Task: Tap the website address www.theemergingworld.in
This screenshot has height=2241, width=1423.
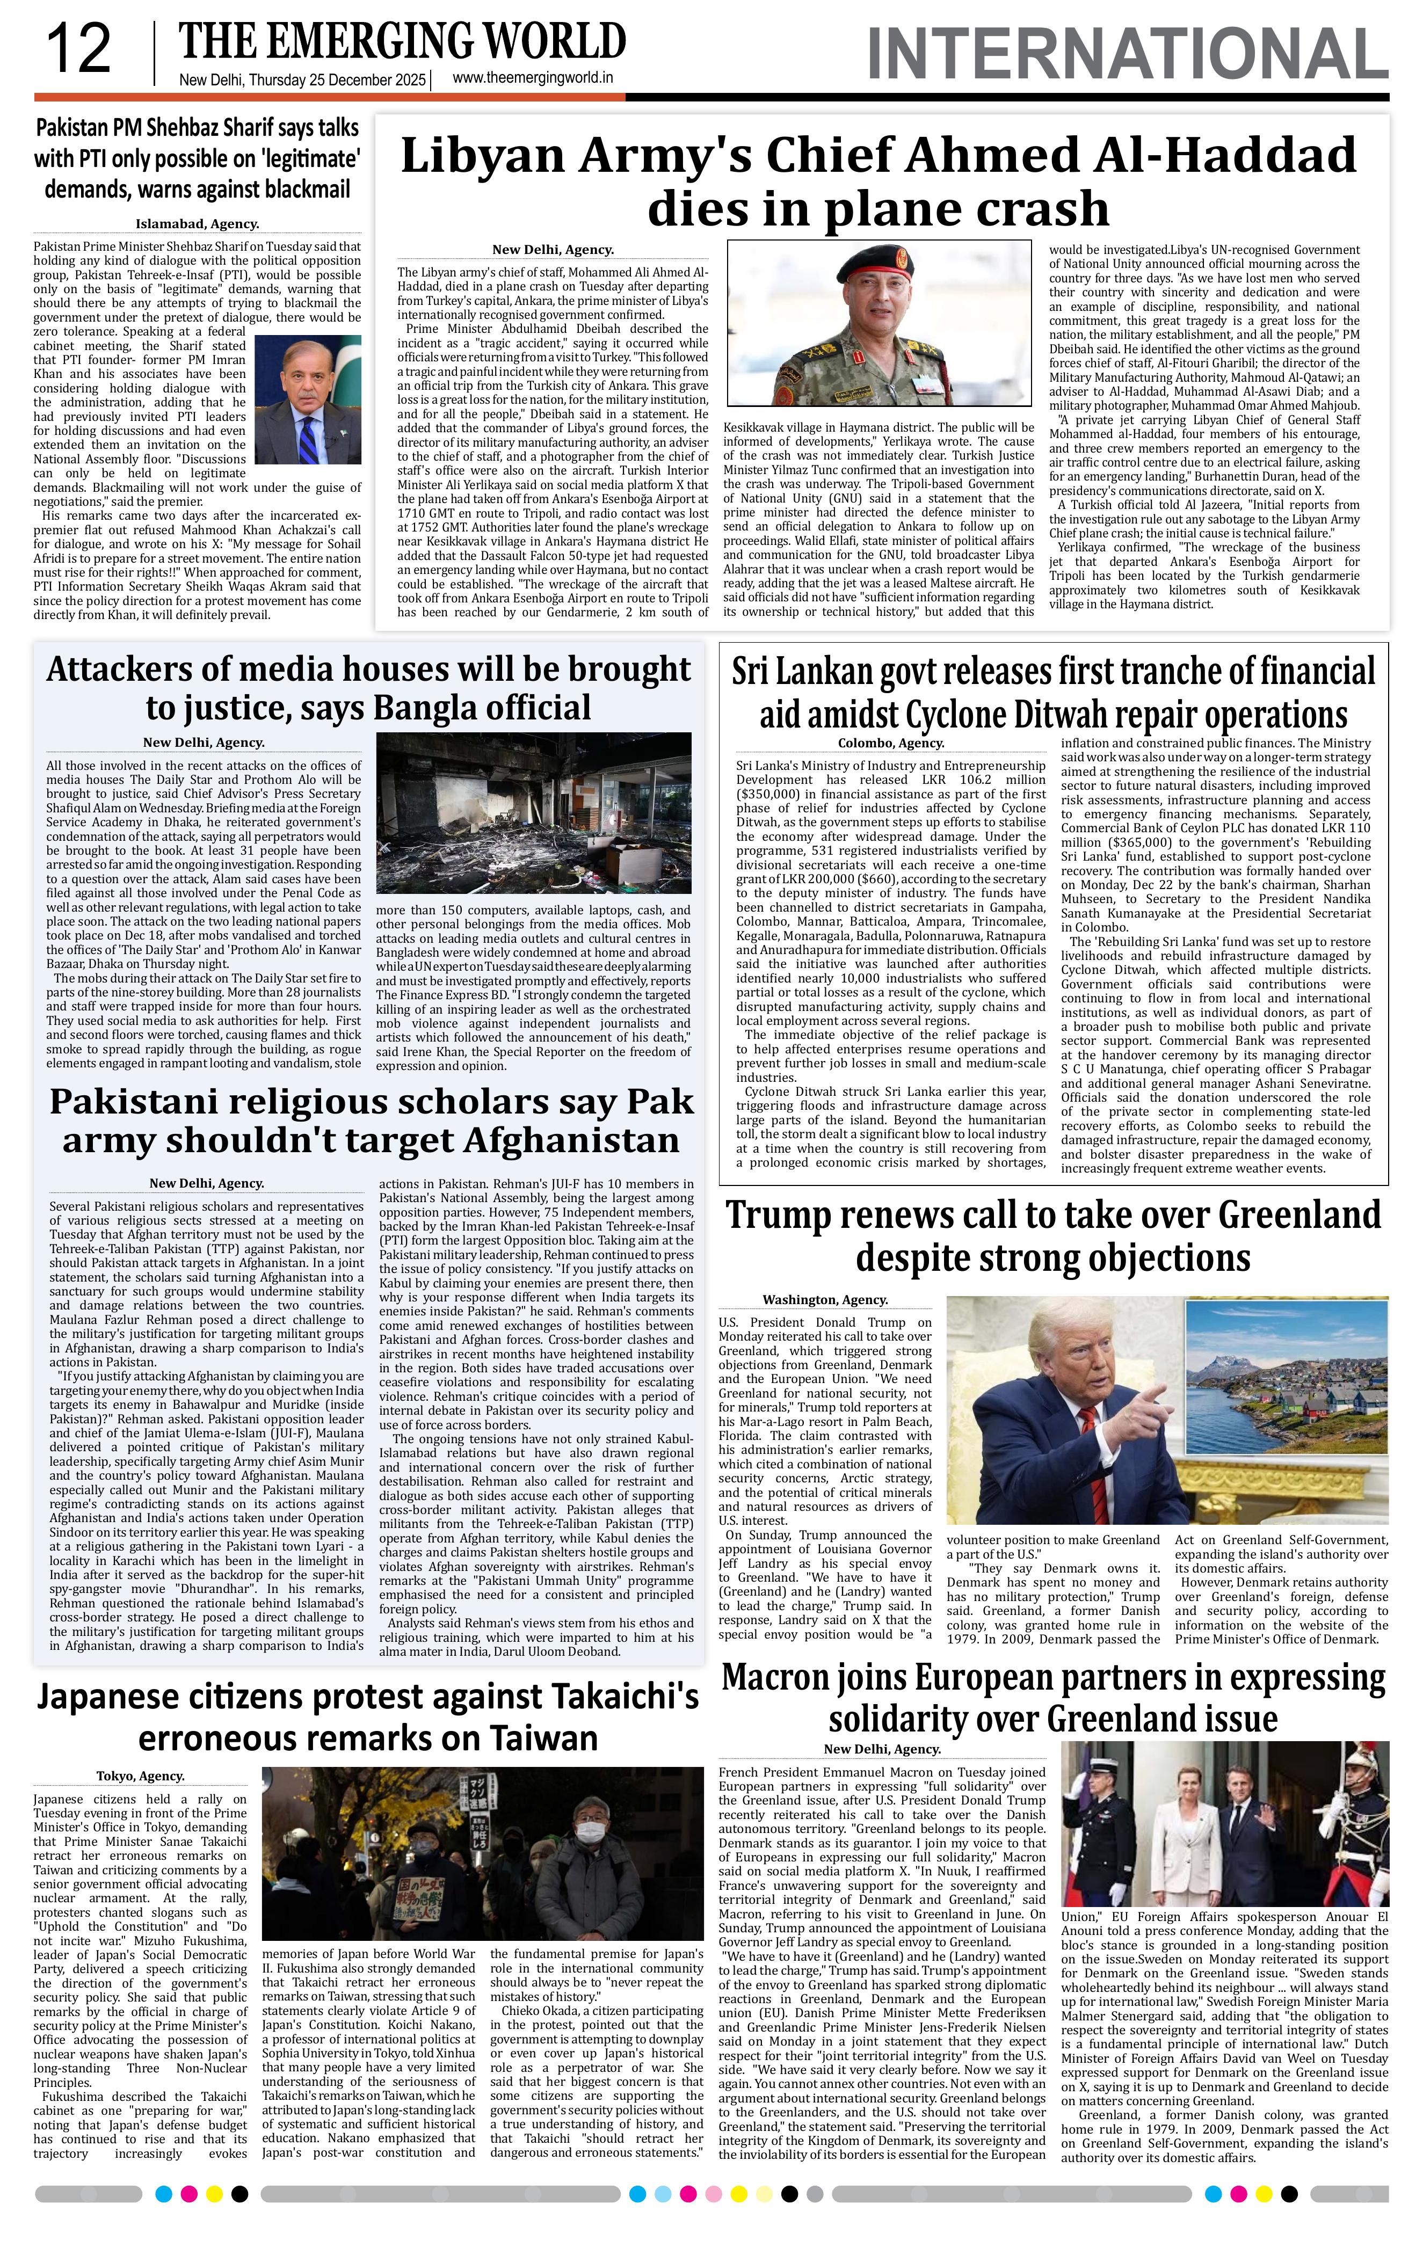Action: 532,79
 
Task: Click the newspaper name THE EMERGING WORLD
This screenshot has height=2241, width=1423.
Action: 402,42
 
